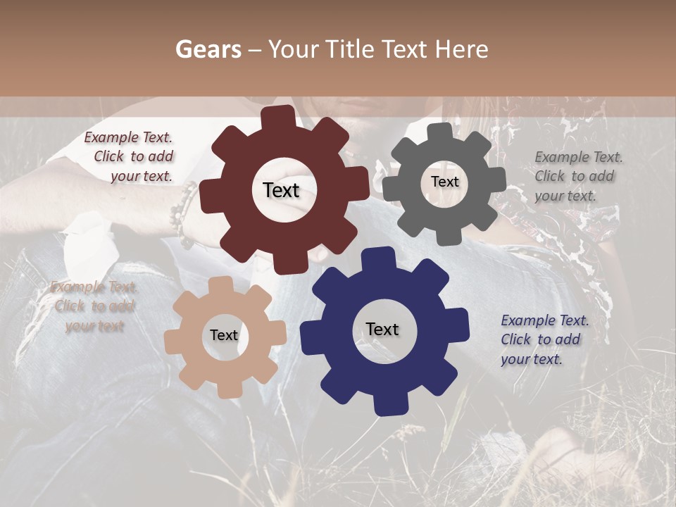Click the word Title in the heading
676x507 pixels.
point(350,49)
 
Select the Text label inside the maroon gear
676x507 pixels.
point(281,190)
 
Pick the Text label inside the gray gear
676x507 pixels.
point(444,182)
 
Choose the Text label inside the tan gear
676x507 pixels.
point(224,335)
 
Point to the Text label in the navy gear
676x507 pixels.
point(382,329)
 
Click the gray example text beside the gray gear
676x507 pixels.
point(577,176)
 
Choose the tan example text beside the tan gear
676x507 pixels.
point(94,306)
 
